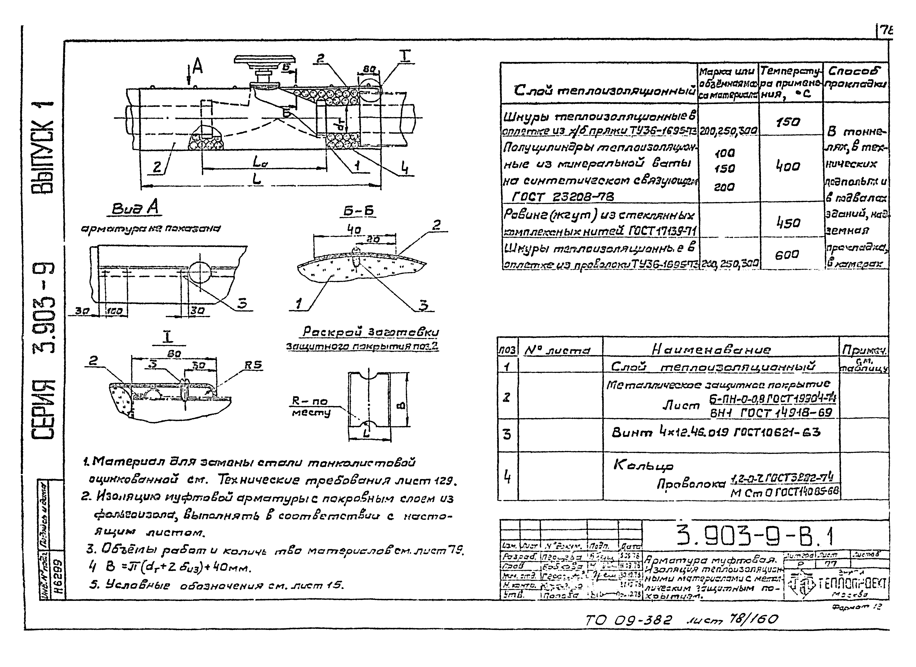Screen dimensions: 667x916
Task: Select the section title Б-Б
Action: (x=359, y=211)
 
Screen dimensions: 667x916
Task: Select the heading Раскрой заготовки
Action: (x=370, y=332)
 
